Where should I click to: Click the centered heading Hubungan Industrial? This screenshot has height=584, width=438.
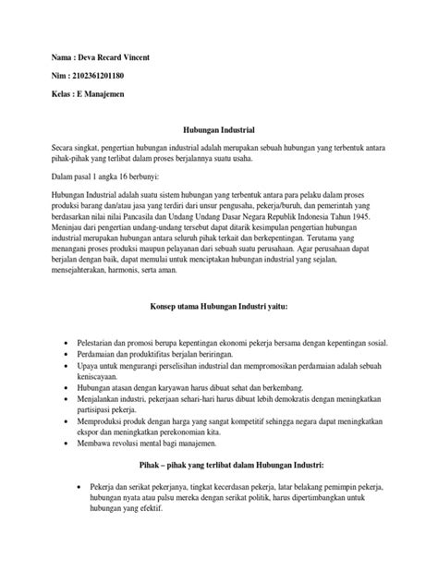219,133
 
